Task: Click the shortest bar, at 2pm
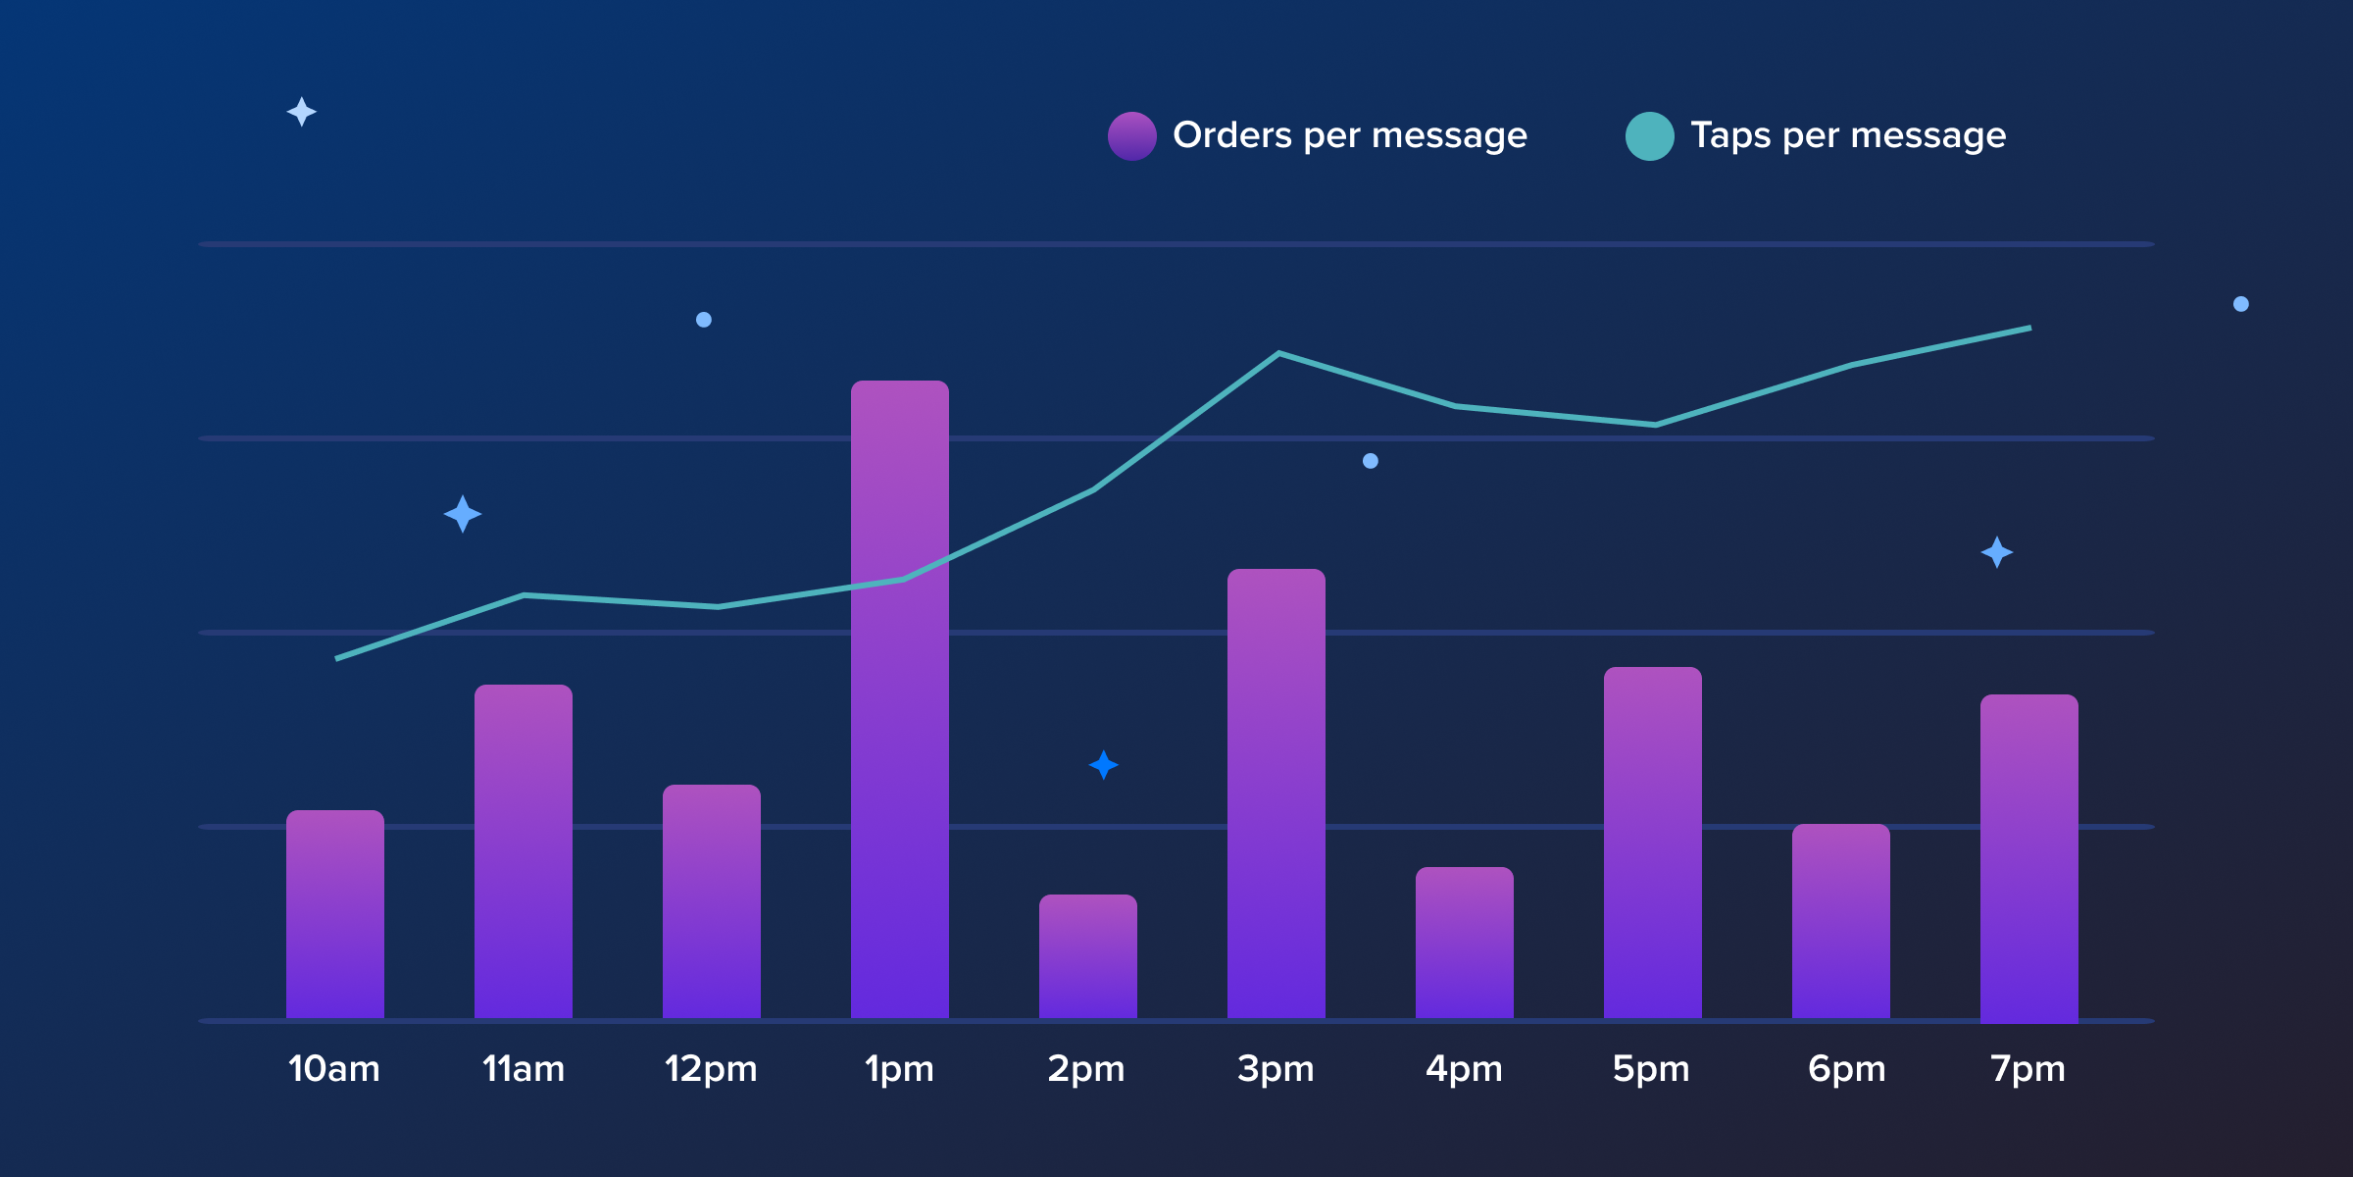point(1087,956)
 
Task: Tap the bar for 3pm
point(1276,793)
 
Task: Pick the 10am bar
point(334,914)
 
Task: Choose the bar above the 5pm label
point(1652,843)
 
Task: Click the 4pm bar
point(1464,943)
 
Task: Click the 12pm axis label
point(711,1069)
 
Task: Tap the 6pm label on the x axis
point(1846,1069)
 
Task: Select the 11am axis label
point(524,1069)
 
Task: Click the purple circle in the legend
point(1132,136)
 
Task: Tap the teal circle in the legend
point(1649,136)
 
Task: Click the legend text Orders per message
point(1349,135)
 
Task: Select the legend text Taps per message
point(1848,135)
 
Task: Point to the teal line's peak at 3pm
point(1278,353)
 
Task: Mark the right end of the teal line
point(2028,329)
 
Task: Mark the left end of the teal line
point(338,658)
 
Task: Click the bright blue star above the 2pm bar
point(1104,765)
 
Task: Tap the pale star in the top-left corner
point(301,112)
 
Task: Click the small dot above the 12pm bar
point(704,320)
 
